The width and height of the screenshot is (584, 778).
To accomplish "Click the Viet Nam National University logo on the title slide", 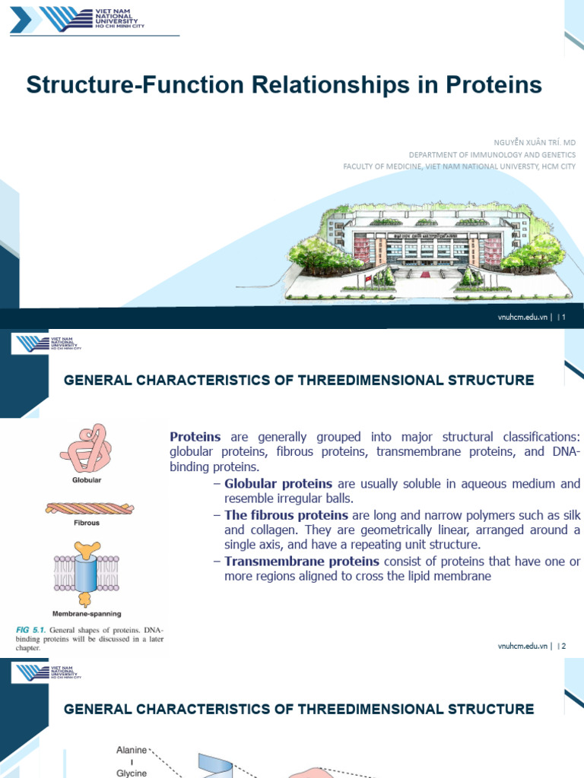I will [76, 21].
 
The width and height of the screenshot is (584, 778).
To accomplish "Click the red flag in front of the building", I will [369, 280].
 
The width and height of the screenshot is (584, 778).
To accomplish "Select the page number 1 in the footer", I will [564, 318].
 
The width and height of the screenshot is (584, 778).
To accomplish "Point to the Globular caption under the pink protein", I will [86, 480].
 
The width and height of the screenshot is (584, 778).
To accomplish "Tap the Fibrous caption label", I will [86, 523].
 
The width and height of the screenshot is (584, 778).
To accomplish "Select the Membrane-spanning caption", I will [86, 612].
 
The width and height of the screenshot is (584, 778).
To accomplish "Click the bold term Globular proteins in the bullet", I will [278, 484].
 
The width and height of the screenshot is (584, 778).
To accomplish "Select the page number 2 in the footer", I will [564, 646].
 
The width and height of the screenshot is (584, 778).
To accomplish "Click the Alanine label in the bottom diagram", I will [131, 729].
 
